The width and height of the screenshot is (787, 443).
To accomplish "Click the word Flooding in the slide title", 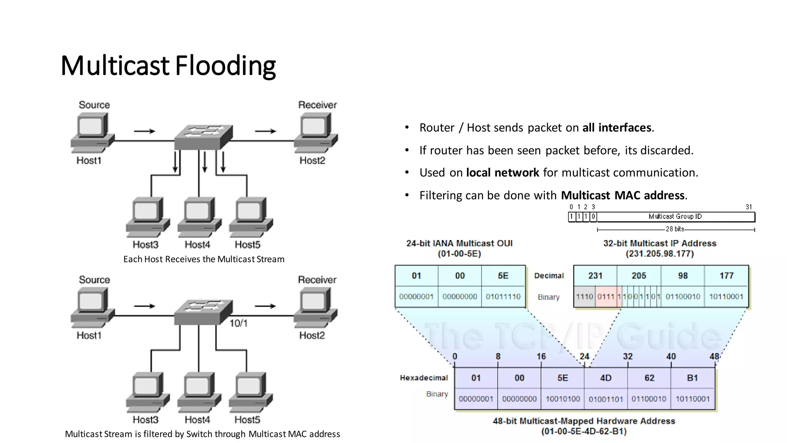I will point(226,66).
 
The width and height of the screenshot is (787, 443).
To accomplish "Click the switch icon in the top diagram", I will point(203,137).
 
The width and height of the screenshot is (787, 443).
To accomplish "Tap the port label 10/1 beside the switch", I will point(238,323).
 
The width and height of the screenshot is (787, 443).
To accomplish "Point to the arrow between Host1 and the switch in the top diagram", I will point(144,132).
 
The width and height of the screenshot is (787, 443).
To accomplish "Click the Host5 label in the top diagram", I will point(247,245).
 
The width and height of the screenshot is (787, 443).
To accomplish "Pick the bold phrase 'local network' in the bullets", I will point(502,173).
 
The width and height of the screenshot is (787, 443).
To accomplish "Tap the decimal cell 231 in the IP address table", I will point(595,276).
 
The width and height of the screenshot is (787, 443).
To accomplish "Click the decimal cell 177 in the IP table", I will point(726,276).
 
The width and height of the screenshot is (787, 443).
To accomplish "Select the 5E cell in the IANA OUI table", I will point(503,276).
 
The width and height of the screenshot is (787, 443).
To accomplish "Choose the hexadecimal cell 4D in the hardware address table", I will point(606,378).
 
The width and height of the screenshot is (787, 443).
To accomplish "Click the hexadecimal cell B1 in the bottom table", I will point(692,378).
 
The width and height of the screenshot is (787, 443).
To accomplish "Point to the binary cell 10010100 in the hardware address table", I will point(563,399).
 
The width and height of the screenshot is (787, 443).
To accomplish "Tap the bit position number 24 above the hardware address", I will point(584,356).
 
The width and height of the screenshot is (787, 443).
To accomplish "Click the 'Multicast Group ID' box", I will point(675,217).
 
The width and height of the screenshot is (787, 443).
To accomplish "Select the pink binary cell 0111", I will point(606,296).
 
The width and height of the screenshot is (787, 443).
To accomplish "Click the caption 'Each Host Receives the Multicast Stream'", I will point(204,259).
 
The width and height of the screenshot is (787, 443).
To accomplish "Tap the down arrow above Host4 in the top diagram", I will point(205,162).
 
